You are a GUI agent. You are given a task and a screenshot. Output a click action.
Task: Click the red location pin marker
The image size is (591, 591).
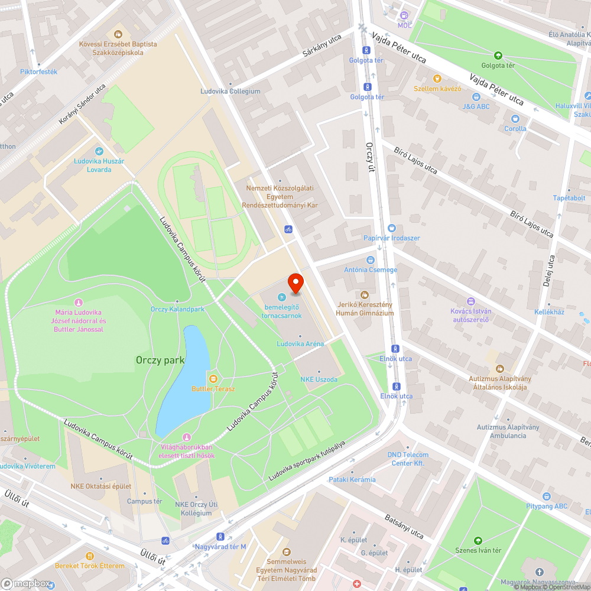(x=295, y=284)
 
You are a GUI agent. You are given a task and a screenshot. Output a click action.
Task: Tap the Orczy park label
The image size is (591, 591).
(x=160, y=360)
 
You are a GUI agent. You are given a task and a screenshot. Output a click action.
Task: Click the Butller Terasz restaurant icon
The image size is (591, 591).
(x=213, y=378)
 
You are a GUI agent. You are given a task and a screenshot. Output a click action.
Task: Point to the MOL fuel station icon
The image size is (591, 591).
(x=404, y=15)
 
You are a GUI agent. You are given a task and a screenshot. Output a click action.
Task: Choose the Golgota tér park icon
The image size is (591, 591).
(x=498, y=56)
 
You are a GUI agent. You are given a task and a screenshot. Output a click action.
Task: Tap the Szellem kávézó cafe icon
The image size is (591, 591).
(x=437, y=78)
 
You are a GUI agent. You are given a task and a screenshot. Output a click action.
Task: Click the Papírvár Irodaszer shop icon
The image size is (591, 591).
(x=391, y=228)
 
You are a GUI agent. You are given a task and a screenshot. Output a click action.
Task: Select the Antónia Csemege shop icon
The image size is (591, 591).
(x=371, y=259)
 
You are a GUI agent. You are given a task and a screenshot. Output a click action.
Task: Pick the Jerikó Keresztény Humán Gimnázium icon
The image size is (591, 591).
(x=365, y=294)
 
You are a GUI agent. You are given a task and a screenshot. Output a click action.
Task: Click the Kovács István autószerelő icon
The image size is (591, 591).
(x=470, y=301)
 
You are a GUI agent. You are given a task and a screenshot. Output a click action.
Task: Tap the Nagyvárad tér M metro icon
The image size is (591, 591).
(x=220, y=537)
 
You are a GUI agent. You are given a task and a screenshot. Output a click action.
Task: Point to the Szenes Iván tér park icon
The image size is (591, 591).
(x=478, y=540)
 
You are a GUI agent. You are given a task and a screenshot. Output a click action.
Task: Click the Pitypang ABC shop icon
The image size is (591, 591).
(x=547, y=496)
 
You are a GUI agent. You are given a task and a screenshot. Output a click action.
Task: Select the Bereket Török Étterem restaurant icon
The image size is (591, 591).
(x=90, y=556)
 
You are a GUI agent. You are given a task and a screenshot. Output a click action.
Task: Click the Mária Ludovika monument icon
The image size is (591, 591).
(x=79, y=302)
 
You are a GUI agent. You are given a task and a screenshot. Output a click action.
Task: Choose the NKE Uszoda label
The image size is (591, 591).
(x=319, y=379)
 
